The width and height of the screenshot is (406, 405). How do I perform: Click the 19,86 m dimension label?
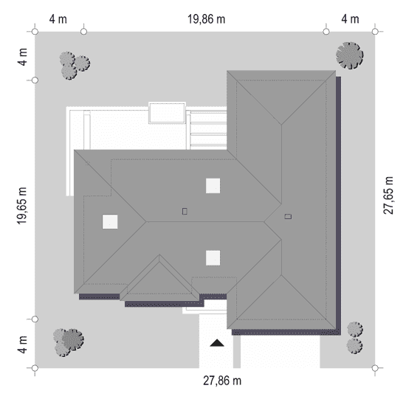click(x=206, y=19)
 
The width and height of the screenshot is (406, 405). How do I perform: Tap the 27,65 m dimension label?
click(x=388, y=195)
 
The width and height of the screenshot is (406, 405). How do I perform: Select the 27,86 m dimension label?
click(x=222, y=381)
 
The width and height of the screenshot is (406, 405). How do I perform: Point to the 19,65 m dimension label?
click(x=22, y=206)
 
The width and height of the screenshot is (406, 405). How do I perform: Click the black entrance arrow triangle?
click(x=217, y=343)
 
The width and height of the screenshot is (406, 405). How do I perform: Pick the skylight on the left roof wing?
click(x=110, y=222)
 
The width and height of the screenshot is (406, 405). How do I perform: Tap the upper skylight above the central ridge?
click(x=213, y=186)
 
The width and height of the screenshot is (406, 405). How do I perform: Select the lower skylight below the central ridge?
click(x=213, y=257)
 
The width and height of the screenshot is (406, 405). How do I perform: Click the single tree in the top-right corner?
click(x=350, y=55)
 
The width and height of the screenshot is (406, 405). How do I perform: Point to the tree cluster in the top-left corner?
click(x=75, y=65)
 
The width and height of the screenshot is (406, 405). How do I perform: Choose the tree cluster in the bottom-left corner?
click(x=69, y=342)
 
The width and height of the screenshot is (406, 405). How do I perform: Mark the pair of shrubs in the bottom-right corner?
click(x=355, y=338)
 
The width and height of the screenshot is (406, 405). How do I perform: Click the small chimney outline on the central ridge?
click(x=185, y=212)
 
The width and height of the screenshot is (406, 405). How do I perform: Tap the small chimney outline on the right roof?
click(x=288, y=216)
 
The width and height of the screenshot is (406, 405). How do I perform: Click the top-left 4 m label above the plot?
click(x=58, y=19)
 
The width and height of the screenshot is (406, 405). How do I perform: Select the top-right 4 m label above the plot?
click(x=350, y=19)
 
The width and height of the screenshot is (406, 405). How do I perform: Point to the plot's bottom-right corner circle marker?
click(x=375, y=367)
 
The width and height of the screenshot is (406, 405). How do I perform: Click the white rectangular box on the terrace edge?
click(x=167, y=113)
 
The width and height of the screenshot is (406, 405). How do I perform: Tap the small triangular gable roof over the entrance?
click(x=159, y=278)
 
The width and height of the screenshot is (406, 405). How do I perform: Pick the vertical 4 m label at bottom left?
click(x=23, y=345)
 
